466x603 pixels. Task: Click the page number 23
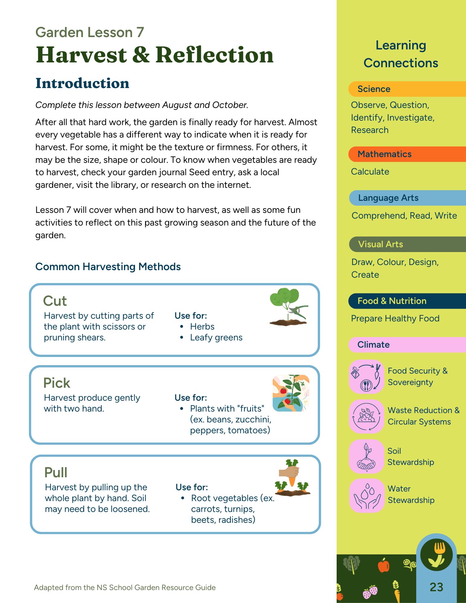(x=436, y=587)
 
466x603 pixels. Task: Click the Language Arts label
(x=388, y=198)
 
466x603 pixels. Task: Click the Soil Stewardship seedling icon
(x=366, y=456)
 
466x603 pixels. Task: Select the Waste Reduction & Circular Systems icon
(x=366, y=416)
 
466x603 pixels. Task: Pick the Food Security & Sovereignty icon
(x=366, y=377)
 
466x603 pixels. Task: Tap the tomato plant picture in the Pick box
(x=291, y=393)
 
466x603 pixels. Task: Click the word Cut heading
(x=55, y=301)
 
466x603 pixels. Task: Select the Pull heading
(x=56, y=472)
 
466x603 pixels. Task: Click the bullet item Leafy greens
(x=216, y=337)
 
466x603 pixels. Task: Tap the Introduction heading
(x=82, y=83)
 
